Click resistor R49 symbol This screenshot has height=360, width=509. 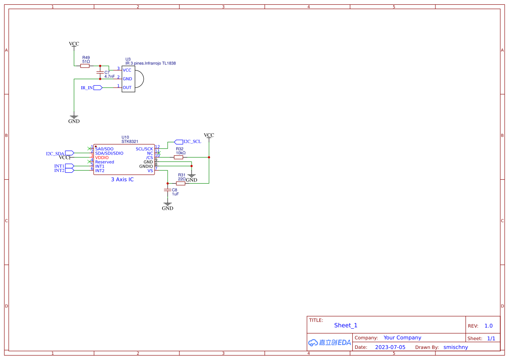coord(85,66)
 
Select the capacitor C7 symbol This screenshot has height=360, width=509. coord(101,72)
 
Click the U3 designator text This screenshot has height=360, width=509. coord(128,59)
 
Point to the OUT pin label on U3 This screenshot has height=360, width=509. coord(127,87)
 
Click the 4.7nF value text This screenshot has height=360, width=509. coord(109,77)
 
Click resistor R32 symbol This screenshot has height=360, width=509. coord(179,157)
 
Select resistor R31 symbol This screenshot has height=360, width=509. coord(181,183)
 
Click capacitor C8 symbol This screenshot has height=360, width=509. coord(167,190)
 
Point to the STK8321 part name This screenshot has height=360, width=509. coord(130,141)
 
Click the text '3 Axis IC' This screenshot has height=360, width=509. coord(122,179)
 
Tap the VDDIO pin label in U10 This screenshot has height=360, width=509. coord(102,158)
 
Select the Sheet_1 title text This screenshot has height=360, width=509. coord(346,325)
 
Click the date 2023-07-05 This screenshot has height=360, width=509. coord(390,347)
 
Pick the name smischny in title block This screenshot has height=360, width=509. coord(455,347)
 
